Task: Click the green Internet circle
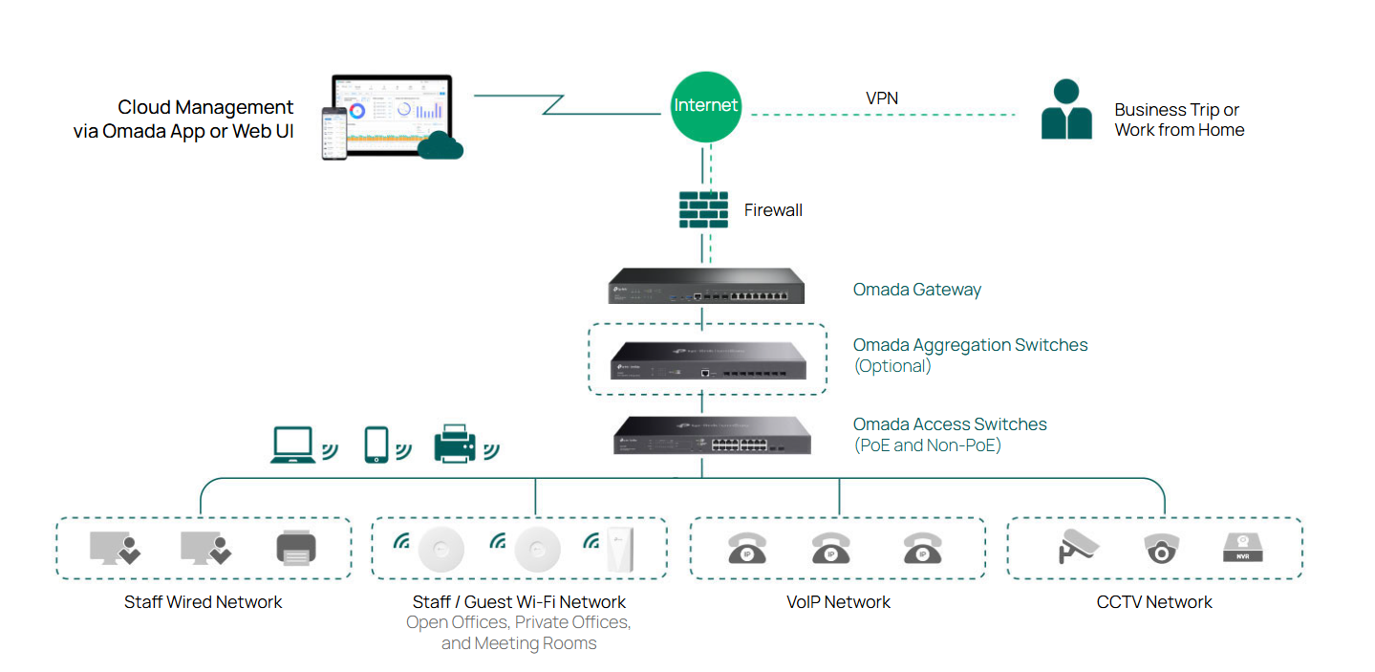[706, 105]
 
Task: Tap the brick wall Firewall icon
[703, 210]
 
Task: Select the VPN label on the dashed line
[881, 98]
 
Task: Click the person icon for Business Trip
[1066, 110]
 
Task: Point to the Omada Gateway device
[706, 287]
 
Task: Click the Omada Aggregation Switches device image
[706, 359]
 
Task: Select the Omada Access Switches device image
[712, 435]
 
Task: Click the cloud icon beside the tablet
[440, 145]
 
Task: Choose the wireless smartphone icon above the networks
[377, 445]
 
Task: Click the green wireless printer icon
[455, 444]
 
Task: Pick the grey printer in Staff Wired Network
[296, 548]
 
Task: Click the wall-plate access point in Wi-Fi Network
[620, 549]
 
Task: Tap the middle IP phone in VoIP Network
[830, 549]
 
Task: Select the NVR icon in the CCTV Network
[1243, 548]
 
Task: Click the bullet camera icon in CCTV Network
[1079, 547]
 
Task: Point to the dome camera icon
[1161, 549]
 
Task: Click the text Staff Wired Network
[204, 602]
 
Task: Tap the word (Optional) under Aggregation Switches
[892, 366]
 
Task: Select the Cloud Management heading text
[205, 108]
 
